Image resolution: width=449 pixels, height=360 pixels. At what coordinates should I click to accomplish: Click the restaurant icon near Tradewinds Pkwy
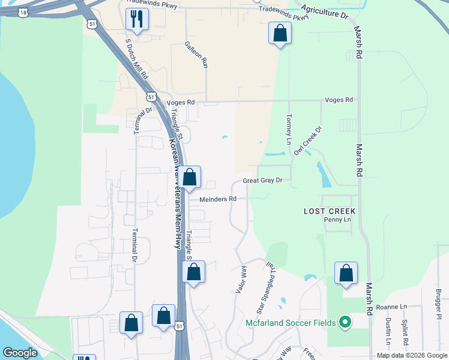[x=137, y=20]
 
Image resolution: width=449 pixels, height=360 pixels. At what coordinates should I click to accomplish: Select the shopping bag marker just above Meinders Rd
[x=190, y=178]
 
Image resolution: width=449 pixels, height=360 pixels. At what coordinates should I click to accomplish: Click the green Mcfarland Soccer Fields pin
[x=345, y=323]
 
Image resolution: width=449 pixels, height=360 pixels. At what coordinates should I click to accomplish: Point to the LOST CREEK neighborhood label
[x=330, y=211]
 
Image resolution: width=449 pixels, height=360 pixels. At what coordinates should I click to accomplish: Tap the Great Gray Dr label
[x=267, y=181]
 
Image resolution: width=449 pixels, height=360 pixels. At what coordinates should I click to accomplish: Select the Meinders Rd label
[x=218, y=199]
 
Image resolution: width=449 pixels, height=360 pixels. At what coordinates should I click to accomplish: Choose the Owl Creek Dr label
[x=308, y=140]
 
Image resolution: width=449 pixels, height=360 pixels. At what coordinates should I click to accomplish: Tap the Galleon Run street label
[x=197, y=54]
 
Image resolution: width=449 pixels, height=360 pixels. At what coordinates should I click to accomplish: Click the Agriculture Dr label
[x=325, y=11]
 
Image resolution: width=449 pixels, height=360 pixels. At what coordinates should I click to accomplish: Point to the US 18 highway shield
[x=23, y=12]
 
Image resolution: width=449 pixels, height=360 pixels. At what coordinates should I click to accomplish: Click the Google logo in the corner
[x=20, y=353]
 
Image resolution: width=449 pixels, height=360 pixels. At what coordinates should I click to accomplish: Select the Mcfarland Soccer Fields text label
[x=292, y=323]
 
